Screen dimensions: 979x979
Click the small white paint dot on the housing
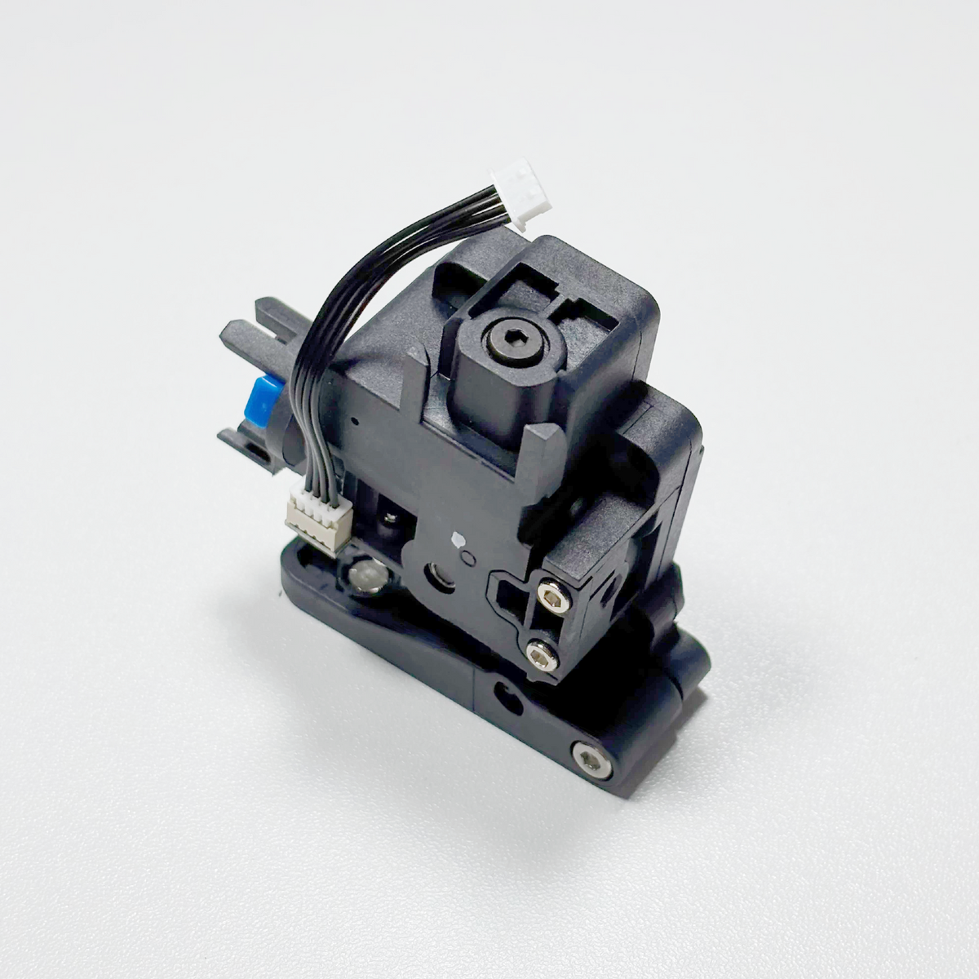click(457, 539)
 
